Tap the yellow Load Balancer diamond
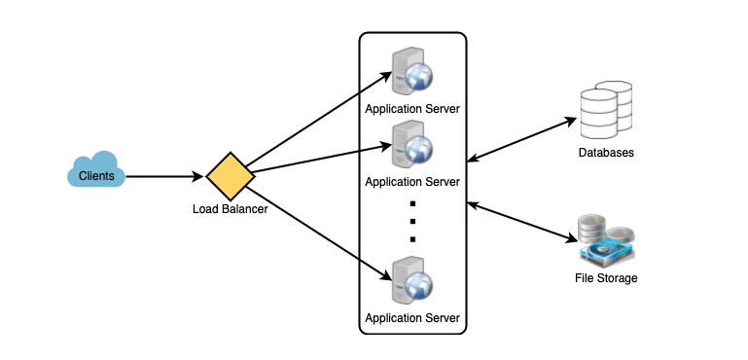(x=231, y=176)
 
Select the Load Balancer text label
(x=230, y=209)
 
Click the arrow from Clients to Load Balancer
(x=165, y=177)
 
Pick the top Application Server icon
(x=412, y=72)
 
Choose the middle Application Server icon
(x=412, y=145)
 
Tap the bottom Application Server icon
(x=412, y=280)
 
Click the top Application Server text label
(x=412, y=109)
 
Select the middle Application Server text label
(x=412, y=182)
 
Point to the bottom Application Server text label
(x=412, y=318)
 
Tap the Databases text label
(x=606, y=153)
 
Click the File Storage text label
(x=606, y=278)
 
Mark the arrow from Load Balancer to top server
(x=318, y=119)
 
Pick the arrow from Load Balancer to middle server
(x=322, y=159)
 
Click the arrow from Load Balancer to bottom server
(x=318, y=233)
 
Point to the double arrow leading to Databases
(x=522, y=140)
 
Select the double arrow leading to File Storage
(x=522, y=223)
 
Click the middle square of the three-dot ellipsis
(x=412, y=221)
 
